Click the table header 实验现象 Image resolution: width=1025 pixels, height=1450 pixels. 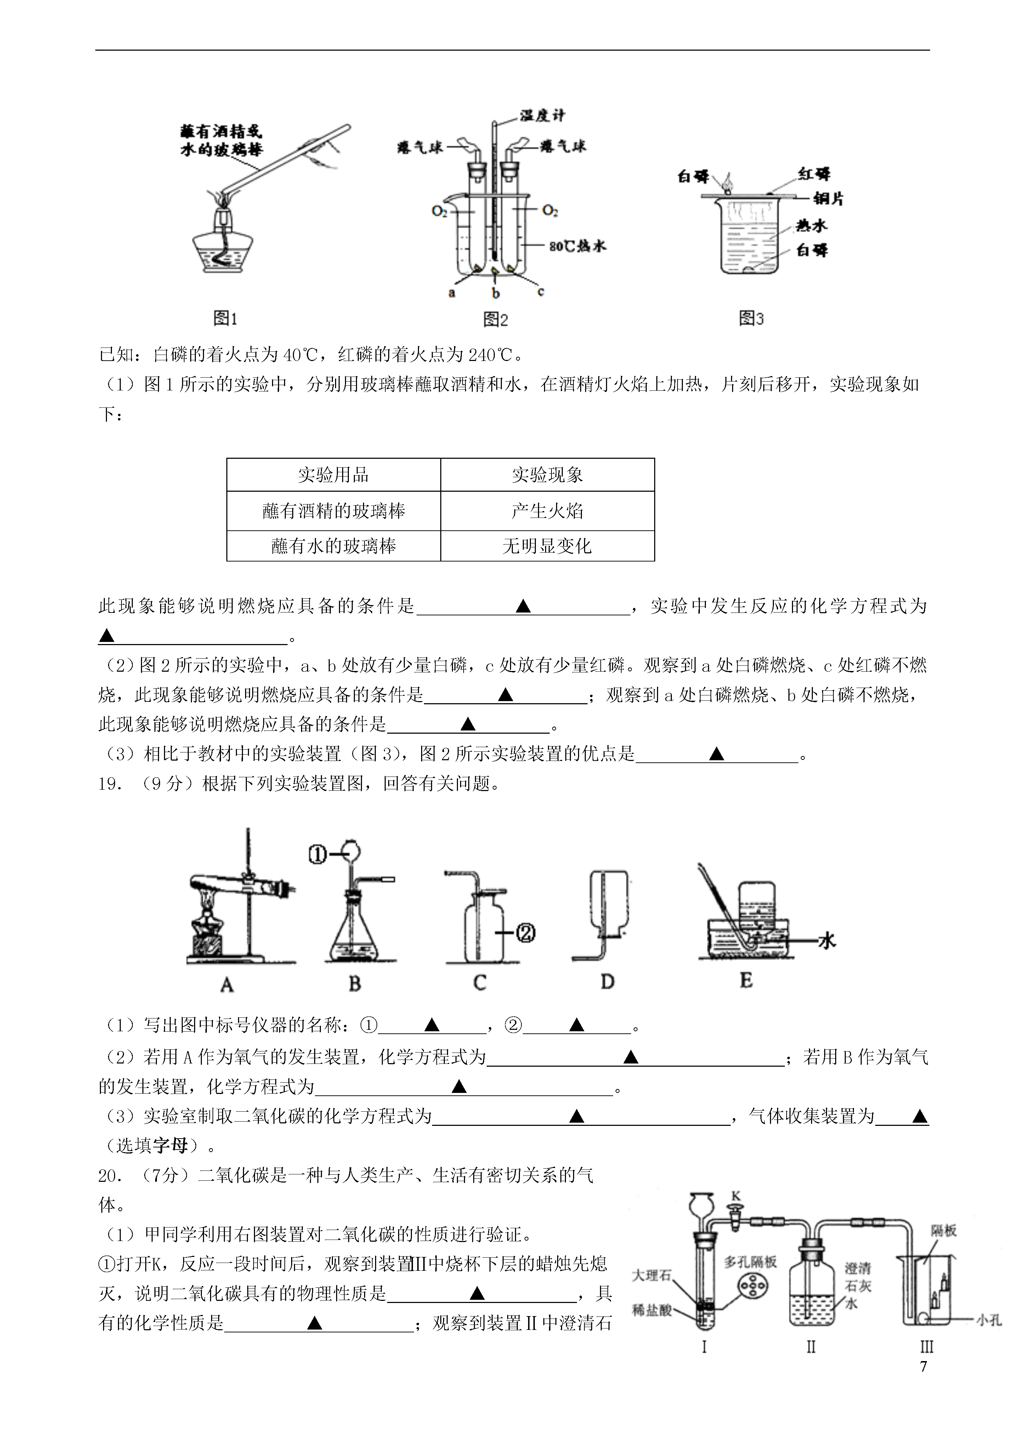click(547, 475)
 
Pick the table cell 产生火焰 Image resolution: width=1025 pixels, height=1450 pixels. click(547, 511)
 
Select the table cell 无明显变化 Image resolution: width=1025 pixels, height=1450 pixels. click(547, 546)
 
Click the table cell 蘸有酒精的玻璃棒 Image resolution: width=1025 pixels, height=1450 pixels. click(333, 511)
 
